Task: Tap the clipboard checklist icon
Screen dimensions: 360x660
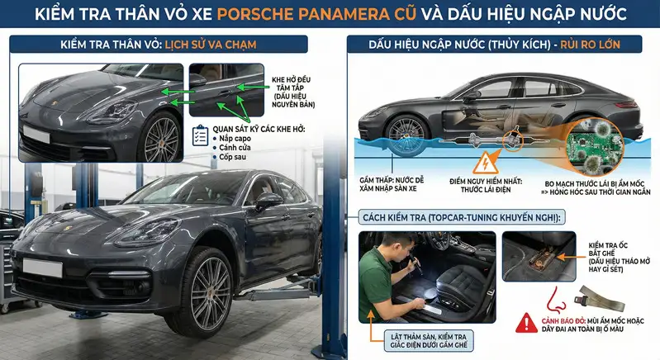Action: click(200, 135)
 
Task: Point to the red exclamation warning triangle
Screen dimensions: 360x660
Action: click(524, 322)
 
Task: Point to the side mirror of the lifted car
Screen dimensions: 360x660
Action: click(269, 200)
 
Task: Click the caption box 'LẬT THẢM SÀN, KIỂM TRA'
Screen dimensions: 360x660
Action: click(430, 339)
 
